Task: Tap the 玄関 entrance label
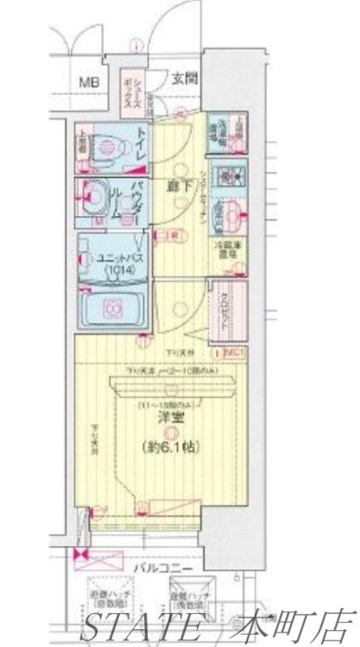point(182,78)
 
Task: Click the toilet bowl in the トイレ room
point(105,148)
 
